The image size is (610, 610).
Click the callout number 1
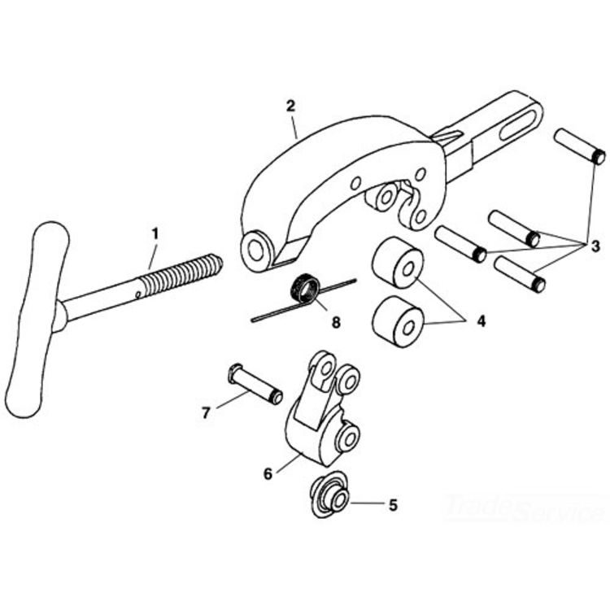[155, 234]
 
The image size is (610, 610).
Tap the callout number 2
[290, 106]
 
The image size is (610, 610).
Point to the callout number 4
[481, 321]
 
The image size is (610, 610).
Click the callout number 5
[393, 505]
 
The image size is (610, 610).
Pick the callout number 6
[268, 474]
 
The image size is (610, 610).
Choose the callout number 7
[206, 413]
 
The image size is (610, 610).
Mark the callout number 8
[336, 322]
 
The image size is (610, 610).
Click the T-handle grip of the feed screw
[37, 319]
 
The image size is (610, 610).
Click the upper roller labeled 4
[397, 262]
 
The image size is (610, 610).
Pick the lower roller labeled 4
[397, 321]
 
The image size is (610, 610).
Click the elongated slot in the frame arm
[520, 125]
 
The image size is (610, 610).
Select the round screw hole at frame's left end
[255, 251]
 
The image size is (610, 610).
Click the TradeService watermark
[521, 508]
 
